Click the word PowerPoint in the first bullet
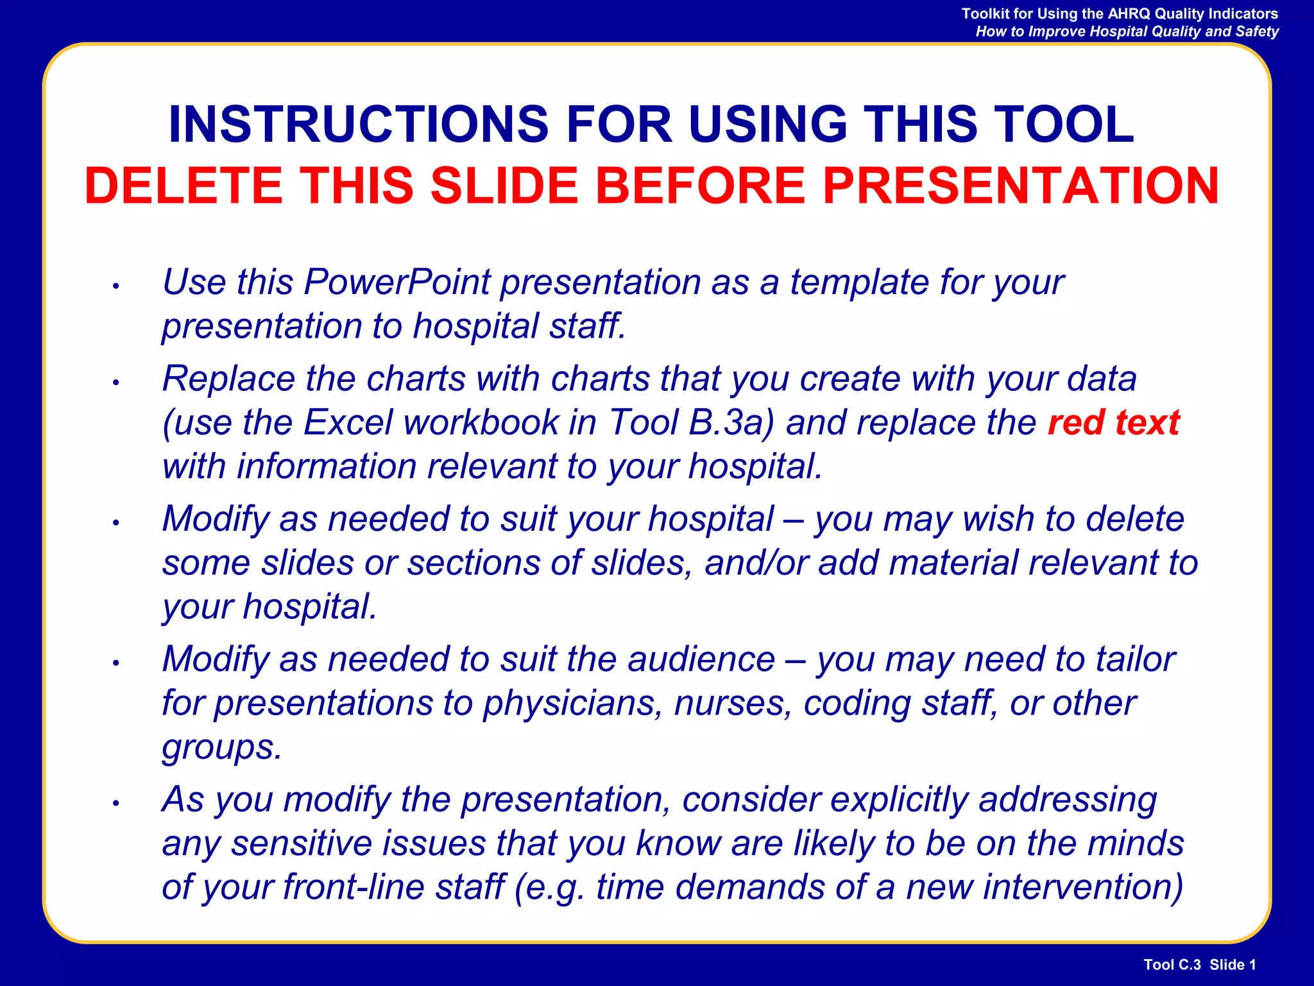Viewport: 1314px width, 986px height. (x=398, y=282)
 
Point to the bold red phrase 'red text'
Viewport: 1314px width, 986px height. (x=1113, y=422)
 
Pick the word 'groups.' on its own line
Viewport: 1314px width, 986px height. (x=222, y=747)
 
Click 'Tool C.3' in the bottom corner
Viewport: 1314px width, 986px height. (x=1172, y=964)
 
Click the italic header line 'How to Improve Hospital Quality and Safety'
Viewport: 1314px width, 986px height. (x=1127, y=31)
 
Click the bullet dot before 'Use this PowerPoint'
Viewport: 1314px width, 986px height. (x=116, y=286)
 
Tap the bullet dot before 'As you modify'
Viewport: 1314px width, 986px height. (x=116, y=803)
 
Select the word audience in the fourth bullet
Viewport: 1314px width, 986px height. (x=701, y=659)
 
